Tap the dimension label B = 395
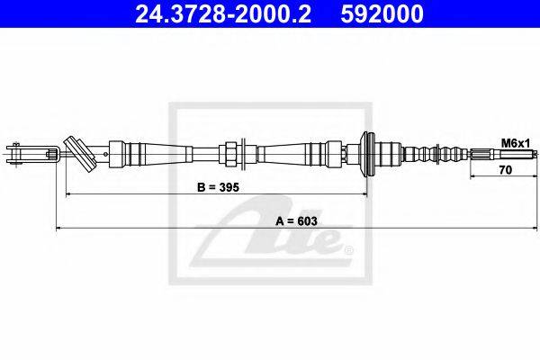pyautogui.click(x=219, y=188)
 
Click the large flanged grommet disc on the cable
pyautogui.click(x=367, y=154)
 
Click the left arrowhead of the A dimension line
pyautogui.click(x=59, y=229)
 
